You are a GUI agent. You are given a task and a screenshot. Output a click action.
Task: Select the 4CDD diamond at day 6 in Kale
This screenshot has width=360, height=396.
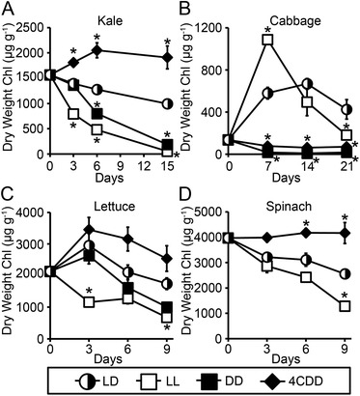coord(97,50)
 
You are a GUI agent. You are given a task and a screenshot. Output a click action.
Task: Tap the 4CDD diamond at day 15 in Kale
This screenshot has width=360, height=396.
coord(167,58)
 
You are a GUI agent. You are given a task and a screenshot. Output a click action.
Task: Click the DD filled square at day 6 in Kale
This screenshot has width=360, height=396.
coord(97,114)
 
